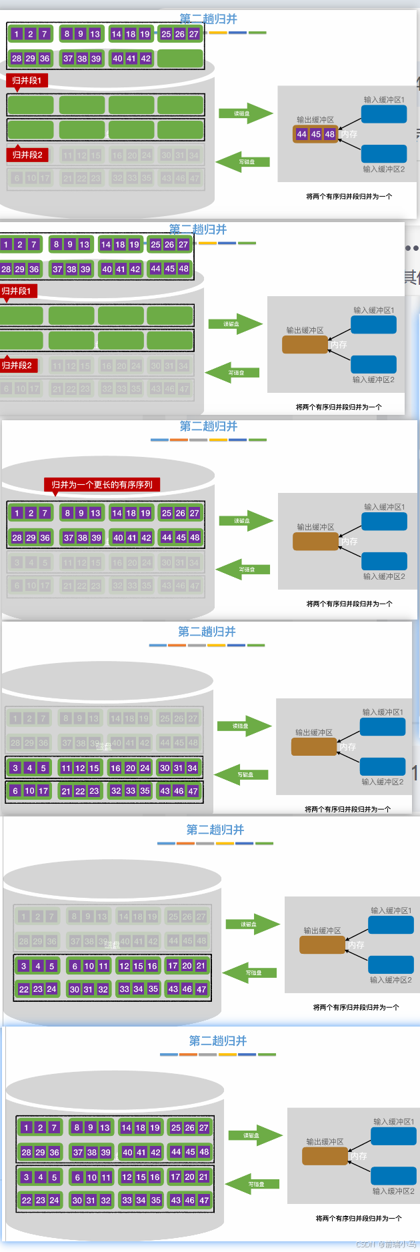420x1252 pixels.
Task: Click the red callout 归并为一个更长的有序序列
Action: point(102,485)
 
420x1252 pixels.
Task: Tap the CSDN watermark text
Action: point(386,1244)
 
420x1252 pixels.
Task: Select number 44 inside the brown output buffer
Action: point(302,134)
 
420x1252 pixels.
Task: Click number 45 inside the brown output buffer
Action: point(316,134)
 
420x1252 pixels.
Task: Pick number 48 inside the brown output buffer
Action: point(330,134)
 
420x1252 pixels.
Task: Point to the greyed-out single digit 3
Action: point(17,562)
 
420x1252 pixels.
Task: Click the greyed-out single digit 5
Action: point(45,562)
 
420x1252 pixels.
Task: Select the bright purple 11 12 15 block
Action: point(80,768)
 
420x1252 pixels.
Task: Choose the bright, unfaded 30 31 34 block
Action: point(179,768)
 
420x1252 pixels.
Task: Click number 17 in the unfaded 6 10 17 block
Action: point(43,791)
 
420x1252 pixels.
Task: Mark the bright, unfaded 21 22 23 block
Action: point(80,791)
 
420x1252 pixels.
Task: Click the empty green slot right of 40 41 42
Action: point(181,59)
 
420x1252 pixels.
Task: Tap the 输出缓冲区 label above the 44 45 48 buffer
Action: point(315,120)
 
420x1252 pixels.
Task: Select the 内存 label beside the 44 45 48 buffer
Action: point(349,134)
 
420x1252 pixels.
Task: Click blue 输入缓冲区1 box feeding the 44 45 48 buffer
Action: point(384,114)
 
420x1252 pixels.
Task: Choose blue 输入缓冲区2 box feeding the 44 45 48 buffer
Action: point(384,154)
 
